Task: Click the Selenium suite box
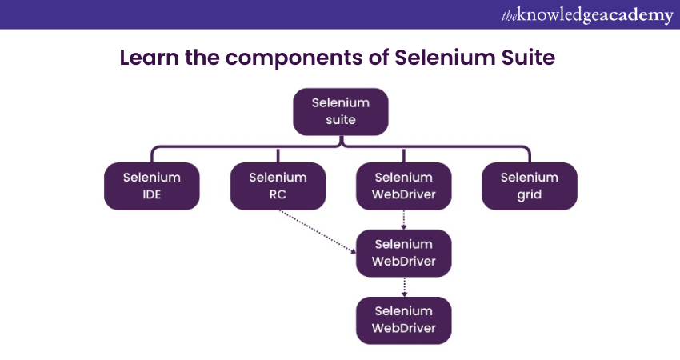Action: tap(340, 111)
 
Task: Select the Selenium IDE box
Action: tap(151, 186)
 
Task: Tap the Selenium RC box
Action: tap(278, 186)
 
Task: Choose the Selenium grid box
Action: tap(529, 186)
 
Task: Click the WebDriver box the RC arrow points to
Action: tap(404, 253)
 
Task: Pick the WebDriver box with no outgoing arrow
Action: tap(404, 319)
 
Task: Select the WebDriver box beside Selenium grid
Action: tap(404, 186)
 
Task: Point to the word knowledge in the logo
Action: tap(557, 15)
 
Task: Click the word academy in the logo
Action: tap(635, 15)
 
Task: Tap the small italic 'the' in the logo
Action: tap(508, 14)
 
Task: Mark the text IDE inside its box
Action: tap(151, 194)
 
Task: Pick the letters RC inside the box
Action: tap(278, 194)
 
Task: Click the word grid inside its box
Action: tap(529, 194)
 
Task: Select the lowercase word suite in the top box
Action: tap(340, 119)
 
